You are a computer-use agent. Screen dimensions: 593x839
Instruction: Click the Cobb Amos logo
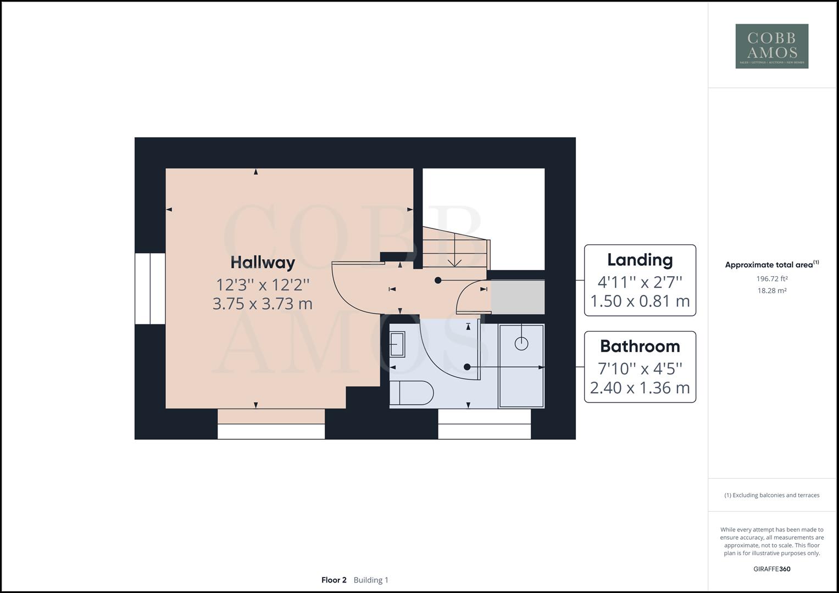click(771, 46)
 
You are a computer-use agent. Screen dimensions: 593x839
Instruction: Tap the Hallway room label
click(263, 262)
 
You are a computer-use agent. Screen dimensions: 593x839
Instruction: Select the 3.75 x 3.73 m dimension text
click(263, 304)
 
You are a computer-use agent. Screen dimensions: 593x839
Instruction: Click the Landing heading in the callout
click(640, 260)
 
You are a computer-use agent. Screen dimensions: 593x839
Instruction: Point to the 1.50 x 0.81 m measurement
click(640, 301)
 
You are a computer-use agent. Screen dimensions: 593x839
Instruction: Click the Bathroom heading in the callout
click(640, 346)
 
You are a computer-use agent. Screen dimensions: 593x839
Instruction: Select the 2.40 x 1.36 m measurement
click(640, 388)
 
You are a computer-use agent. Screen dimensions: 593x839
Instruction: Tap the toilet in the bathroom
click(412, 393)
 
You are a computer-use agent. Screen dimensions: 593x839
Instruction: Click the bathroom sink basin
click(397, 344)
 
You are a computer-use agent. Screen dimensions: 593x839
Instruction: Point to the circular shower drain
click(521, 344)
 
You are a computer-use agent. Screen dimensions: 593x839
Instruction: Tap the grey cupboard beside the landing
click(517, 297)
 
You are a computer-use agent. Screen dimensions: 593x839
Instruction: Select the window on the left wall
click(150, 288)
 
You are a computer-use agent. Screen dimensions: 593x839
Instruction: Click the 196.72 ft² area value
click(771, 279)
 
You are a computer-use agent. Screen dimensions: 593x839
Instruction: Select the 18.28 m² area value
click(771, 290)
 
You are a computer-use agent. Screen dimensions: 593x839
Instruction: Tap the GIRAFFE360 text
click(771, 569)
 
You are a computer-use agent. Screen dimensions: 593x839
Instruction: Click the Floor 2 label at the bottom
click(334, 580)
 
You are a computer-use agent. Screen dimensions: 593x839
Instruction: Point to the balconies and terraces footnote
click(771, 495)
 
